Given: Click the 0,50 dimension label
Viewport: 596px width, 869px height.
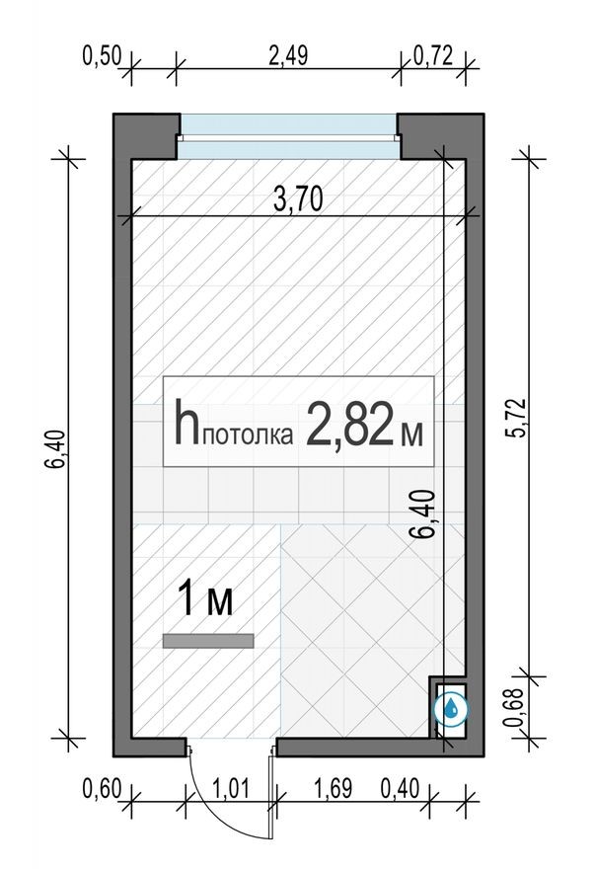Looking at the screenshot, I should coord(101,55).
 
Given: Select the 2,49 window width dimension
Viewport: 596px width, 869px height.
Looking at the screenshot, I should coord(288,55).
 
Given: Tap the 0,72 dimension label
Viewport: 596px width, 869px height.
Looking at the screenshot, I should coord(433,55).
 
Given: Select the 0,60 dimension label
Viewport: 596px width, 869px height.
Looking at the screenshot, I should coord(102,789).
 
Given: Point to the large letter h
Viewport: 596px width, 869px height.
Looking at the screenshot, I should coord(186,423).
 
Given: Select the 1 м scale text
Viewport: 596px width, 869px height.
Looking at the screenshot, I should coord(205,599).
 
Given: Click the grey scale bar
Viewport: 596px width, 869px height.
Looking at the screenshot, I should coord(208,641).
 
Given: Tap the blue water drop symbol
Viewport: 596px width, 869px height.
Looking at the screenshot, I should coord(452,707).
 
